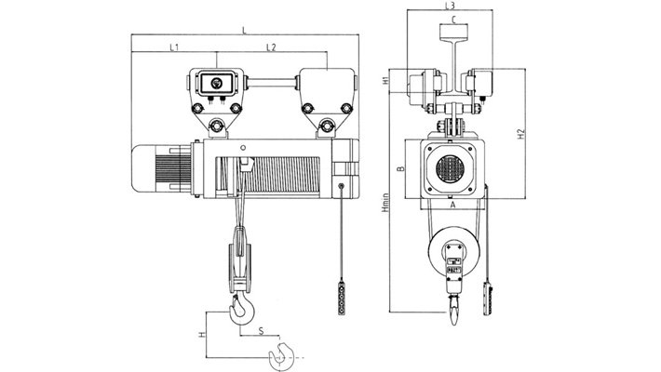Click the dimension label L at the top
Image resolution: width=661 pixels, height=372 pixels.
point(244,31)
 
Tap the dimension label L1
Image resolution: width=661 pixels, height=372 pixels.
point(174,46)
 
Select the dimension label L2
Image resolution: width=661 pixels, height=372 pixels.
point(269,46)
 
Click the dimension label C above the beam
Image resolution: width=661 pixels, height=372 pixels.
point(452,20)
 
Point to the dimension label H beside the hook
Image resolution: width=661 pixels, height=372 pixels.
point(201,333)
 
